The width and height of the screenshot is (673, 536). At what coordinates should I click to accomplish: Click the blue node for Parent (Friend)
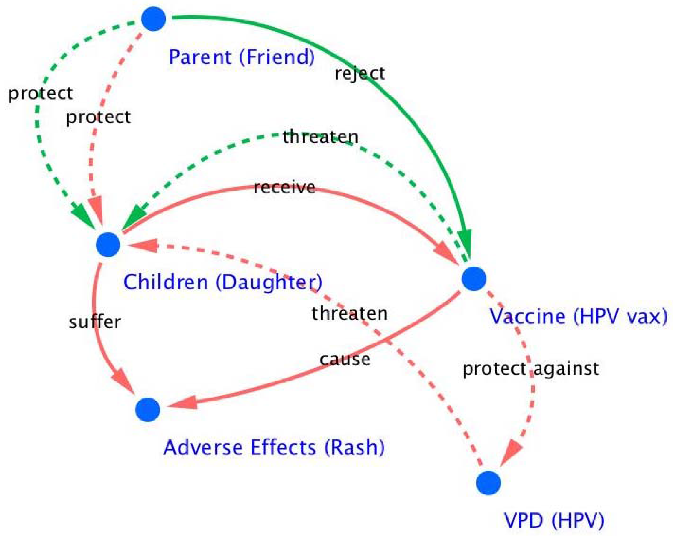pyautogui.click(x=153, y=19)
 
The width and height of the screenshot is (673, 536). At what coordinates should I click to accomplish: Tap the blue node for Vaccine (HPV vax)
pyautogui.click(x=474, y=279)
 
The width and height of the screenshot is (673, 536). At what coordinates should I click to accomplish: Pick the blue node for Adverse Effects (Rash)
pyautogui.click(x=148, y=410)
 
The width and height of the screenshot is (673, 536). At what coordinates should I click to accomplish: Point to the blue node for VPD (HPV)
pyautogui.click(x=488, y=483)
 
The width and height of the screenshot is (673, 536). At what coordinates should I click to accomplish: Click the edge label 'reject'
pyautogui.click(x=360, y=74)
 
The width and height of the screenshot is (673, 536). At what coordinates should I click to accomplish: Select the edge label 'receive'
pyautogui.click(x=284, y=187)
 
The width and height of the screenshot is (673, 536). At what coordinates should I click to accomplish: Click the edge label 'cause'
pyautogui.click(x=345, y=359)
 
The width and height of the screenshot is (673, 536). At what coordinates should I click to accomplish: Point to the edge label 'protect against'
pyautogui.click(x=531, y=369)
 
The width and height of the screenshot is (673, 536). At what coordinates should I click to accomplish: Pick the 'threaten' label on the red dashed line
pyautogui.click(x=350, y=313)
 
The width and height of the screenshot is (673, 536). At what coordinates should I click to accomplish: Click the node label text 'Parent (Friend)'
pyautogui.click(x=242, y=57)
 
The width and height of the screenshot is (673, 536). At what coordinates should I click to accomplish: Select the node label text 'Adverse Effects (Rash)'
pyautogui.click(x=274, y=447)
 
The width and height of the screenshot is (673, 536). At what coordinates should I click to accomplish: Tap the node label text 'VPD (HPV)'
pyautogui.click(x=554, y=520)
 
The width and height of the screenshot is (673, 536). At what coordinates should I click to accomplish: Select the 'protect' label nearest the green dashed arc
pyautogui.click(x=41, y=93)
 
